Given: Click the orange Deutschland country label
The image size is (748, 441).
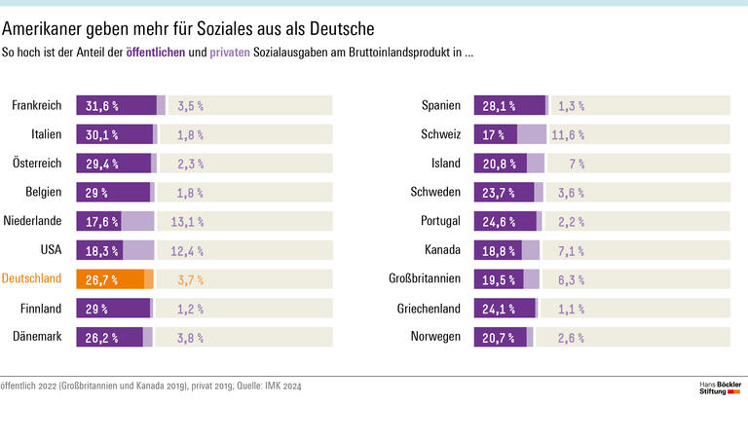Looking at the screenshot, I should (x=32, y=279).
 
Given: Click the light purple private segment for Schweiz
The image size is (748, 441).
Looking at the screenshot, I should (x=532, y=135).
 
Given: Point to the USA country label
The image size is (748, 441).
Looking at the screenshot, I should (x=51, y=250).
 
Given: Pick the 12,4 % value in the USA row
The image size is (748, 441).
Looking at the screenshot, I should (x=187, y=251).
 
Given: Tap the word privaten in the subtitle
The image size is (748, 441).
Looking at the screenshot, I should (x=230, y=52).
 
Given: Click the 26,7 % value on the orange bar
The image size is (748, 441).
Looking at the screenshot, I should (x=102, y=280).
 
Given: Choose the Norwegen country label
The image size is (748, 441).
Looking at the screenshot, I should (x=434, y=337).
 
